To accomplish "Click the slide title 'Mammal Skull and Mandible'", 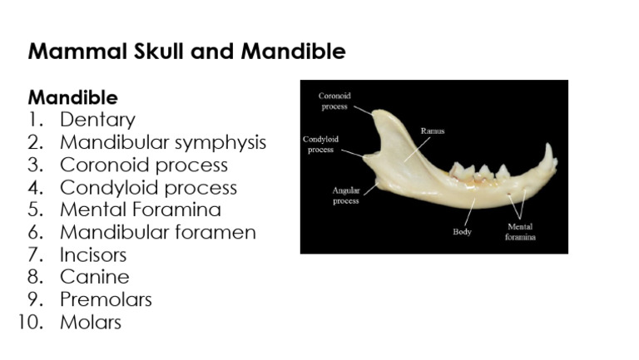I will point(186,52).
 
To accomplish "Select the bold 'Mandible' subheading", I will point(72,97).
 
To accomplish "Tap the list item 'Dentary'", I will point(97,120).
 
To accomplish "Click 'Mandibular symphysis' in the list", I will point(162,142).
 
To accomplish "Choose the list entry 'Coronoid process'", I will point(143,165).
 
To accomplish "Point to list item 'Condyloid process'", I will point(148,187).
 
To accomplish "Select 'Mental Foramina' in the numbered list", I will point(140,210).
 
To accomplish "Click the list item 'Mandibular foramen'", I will point(157,232).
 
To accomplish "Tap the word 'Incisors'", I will point(93,254).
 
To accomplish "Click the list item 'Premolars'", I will point(106,299).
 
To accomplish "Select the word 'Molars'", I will point(90,322).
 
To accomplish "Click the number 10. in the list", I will point(30,322).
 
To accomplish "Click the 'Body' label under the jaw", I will point(462,232).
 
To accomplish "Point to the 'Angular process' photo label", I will point(346,195).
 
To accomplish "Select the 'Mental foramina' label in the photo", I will point(520,231).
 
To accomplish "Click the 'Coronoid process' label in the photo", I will point(334,101).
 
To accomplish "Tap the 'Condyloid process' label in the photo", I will point(320,144).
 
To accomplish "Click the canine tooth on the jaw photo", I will point(548,156).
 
